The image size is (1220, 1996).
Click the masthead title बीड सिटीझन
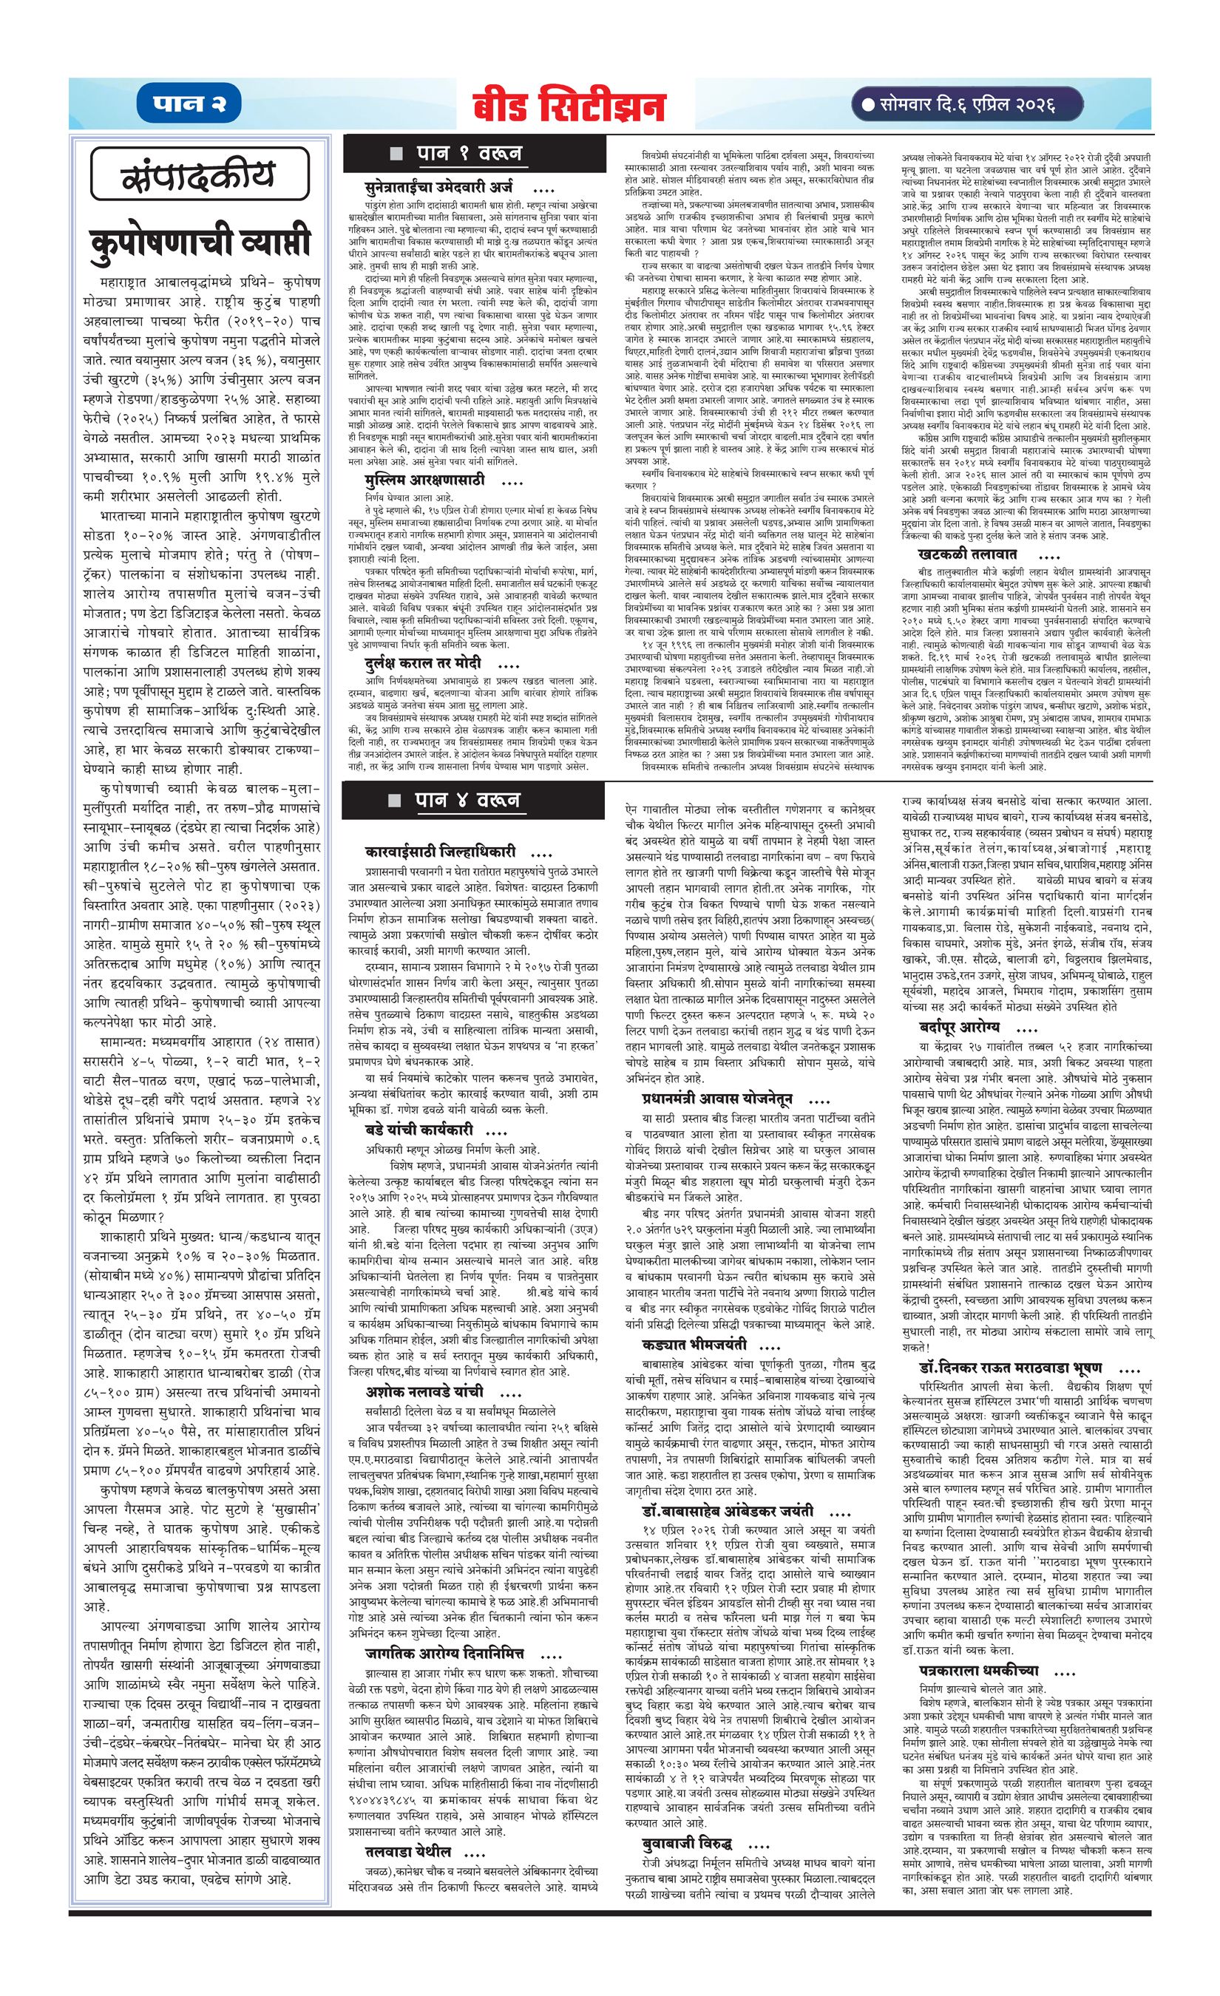[x=569, y=106]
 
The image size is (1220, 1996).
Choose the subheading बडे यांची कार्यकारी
[x=424, y=1130]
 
